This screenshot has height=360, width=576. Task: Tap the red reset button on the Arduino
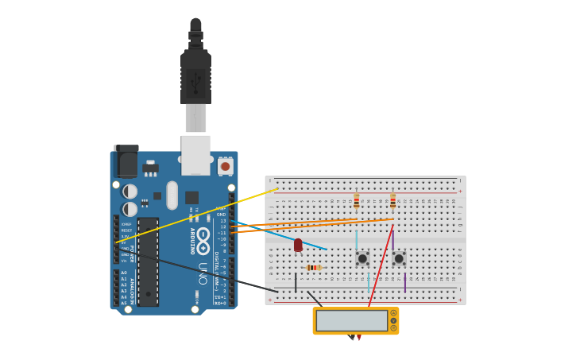226,166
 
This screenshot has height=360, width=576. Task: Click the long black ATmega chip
148,261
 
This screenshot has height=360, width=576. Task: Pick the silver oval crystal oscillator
172,195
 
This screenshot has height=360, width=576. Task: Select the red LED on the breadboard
298,245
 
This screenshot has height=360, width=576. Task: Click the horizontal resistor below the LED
314,268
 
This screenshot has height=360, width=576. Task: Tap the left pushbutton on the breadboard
362,258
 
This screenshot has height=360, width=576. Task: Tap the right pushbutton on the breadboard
399,258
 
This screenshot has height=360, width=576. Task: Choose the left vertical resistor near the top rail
356,201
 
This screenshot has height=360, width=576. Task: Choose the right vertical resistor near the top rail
392,201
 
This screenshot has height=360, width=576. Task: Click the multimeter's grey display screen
351,320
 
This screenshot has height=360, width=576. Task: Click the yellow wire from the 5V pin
199,215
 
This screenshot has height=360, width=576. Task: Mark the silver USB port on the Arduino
195,154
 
